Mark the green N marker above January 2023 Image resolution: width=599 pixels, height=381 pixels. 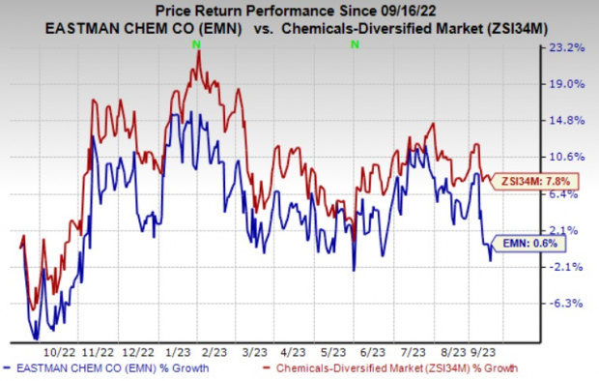coord(198,45)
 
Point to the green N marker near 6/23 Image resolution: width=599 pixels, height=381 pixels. coord(355,45)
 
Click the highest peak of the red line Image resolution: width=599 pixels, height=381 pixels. coord(199,52)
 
